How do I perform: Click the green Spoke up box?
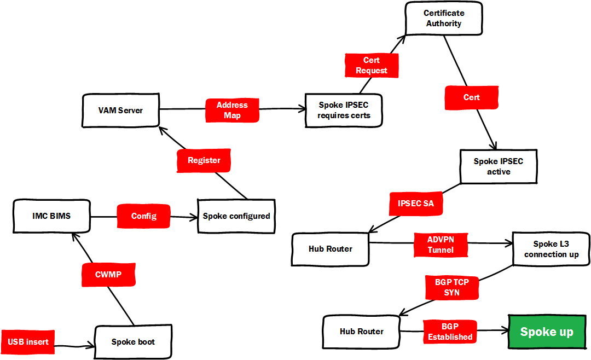(547, 332)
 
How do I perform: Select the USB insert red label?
(28, 342)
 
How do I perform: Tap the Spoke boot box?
(133, 341)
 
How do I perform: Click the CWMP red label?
(108, 275)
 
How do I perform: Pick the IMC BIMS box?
(51, 216)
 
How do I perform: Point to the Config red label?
(143, 216)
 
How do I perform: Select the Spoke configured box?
(236, 216)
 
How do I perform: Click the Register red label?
(204, 160)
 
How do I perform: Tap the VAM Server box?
(120, 110)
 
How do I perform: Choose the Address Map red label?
(232, 110)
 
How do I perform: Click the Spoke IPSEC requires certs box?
(344, 111)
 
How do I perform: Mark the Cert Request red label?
(371, 65)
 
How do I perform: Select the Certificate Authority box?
(443, 19)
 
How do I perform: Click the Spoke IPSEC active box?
(499, 166)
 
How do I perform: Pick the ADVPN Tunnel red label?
(441, 245)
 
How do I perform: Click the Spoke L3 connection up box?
(551, 249)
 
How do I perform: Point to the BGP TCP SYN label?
(451, 287)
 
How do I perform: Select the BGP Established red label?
(450, 332)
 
